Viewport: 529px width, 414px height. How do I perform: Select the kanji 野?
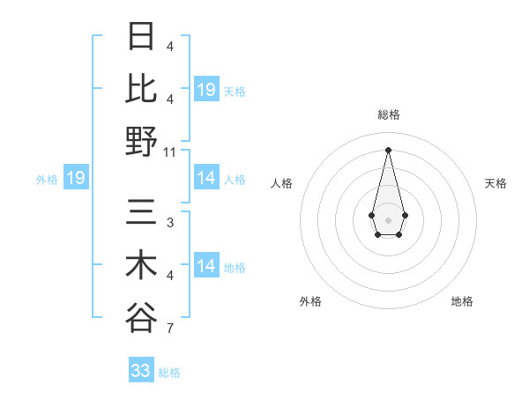[x=141, y=140]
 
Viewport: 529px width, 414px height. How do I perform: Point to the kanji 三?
[x=141, y=213]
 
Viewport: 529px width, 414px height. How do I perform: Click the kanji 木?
[x=141, y=265]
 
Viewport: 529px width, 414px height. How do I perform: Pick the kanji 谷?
[x=141, y=317]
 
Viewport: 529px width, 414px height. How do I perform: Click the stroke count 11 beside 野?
[x=170, y=152]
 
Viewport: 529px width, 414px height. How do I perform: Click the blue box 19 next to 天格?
[x=206, y=90]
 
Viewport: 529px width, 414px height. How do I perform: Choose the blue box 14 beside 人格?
[x=206, y=178]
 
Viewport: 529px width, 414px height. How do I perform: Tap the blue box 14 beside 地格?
[x=206, y=266]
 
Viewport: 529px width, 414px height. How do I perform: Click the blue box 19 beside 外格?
[x=76, y=179]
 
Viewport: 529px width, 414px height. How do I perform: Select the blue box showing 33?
[x=141, y=371]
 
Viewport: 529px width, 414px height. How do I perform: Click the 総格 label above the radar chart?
[x=389, y=115]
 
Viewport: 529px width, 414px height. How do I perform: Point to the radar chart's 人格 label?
[x=282, y=183]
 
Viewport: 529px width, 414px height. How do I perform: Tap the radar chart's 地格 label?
[x=462, y=301]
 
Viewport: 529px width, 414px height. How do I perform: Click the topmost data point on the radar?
[x=388, y=150]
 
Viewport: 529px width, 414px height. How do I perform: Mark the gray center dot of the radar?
[x=388, y=219]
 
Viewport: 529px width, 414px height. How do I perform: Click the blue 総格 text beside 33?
[x=169, y=373]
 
